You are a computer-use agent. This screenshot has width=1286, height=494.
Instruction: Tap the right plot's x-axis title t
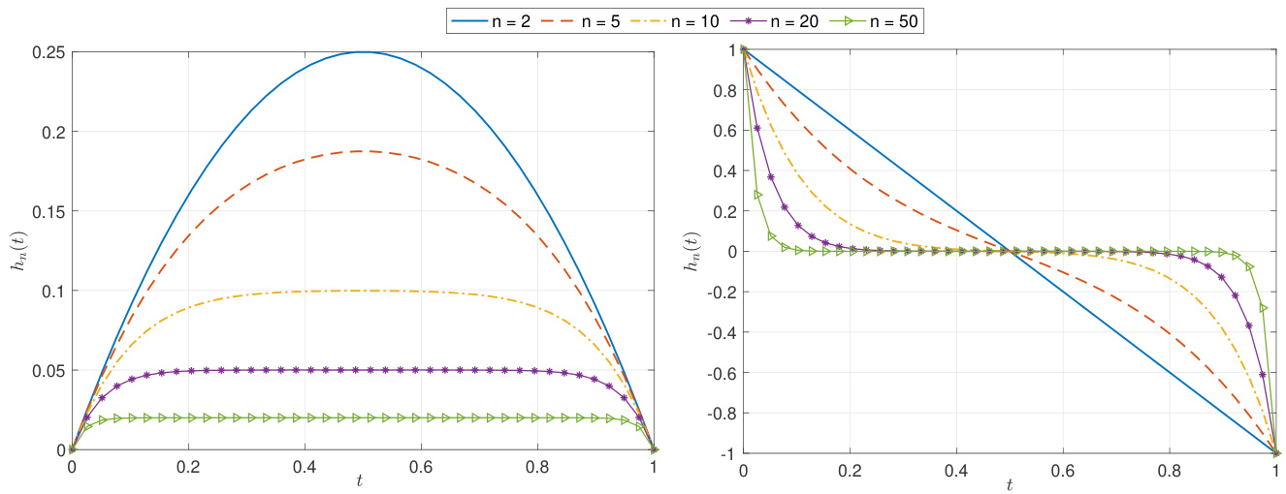[x=1009, y=483]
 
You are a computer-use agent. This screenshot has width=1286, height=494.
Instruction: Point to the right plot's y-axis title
[x=691, y=251]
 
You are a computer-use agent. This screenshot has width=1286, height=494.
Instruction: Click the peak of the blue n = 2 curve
[x=363, y=52]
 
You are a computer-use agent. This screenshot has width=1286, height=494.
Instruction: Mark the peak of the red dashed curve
[x=363, y=151]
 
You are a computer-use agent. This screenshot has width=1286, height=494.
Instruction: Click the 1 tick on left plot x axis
[x=655, y=465]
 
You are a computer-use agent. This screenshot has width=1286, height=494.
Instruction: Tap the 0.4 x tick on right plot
[x=956, y=467]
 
